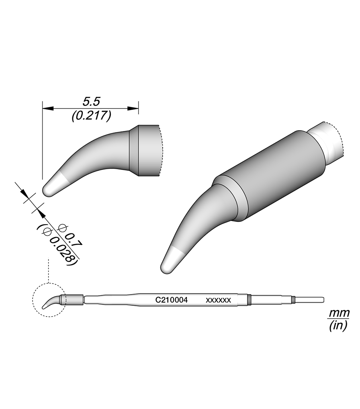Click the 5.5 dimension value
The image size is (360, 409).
coord(91,101)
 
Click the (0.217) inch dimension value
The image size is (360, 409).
coord(91,116)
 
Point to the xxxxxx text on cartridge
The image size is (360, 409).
coord(218,300)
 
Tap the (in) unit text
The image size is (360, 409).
coord(338,326)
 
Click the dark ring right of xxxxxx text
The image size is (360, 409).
coord(249,299)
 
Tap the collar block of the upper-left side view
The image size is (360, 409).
coord(145,151)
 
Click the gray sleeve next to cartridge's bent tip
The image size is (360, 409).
coord(72,299)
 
